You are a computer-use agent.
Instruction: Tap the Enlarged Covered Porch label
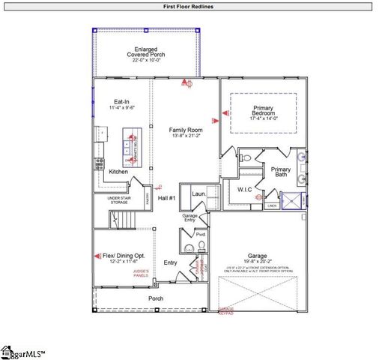146,54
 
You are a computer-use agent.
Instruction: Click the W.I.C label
245,189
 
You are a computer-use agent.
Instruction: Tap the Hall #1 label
166,197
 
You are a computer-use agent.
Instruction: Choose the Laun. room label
198,193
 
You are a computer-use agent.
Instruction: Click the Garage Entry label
190,218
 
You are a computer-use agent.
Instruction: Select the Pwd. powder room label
201,235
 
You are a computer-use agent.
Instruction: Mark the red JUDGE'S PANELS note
140,274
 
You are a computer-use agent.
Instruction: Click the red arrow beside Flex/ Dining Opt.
97,256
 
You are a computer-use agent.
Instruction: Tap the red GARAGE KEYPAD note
225,310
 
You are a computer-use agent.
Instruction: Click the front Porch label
155,298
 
